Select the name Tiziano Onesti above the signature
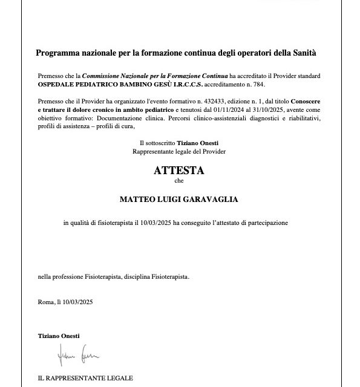coord(58,336)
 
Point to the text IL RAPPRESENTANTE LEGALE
coord(85,378)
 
